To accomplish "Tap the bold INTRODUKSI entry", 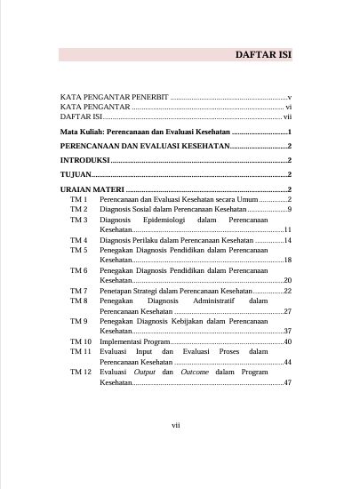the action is point(84,160).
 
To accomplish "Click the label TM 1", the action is point(79,200).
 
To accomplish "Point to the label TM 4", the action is point(79,240).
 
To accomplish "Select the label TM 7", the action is point(79,291).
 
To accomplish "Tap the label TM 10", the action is point(81,341).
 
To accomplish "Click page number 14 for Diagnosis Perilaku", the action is point(288,240).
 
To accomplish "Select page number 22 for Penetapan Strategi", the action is point(288,291).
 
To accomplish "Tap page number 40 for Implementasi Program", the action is point(288,341).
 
